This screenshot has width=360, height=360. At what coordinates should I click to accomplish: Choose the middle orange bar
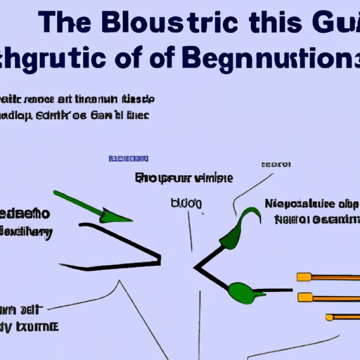(330, 297)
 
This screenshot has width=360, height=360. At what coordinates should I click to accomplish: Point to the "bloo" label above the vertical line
(186, 203)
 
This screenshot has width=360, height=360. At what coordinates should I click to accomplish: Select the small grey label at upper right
(276, 164)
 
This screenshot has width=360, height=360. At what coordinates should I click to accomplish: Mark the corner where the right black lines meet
(196, 269)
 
